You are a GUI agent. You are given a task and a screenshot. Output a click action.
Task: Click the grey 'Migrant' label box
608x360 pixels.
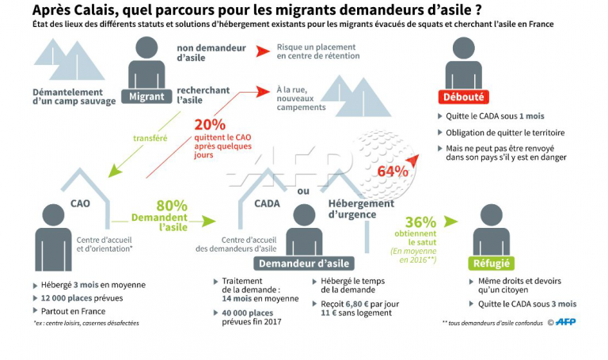pos(146,97)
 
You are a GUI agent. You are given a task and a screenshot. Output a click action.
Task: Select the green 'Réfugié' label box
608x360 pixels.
pos(491,263)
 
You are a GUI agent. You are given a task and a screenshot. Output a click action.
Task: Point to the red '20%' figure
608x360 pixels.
pos(210,124)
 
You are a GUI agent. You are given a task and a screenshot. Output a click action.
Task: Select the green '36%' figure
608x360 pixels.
pos(420,222)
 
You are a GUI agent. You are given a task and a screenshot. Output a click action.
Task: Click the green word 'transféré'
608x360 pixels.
pos(150,138)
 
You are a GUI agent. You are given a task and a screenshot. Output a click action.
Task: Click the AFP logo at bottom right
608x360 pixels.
pos(564,321)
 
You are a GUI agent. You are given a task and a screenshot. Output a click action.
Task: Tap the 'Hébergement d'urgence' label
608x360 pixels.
pos(360,209)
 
